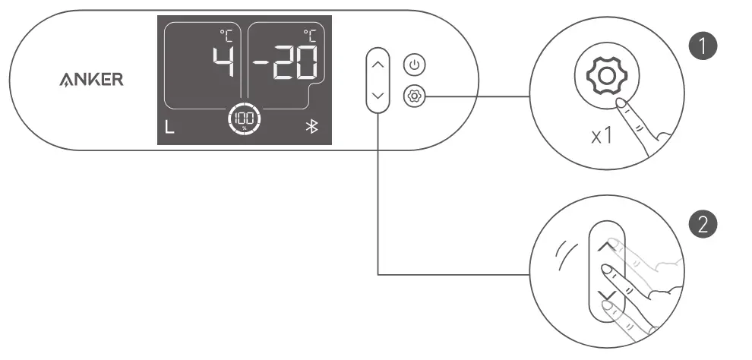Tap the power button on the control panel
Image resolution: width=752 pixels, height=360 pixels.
(413, 65)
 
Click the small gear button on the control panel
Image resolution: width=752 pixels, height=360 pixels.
(413, 96)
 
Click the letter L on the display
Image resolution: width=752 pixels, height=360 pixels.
(169, 127)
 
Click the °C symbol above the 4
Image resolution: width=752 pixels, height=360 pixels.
(226, 34)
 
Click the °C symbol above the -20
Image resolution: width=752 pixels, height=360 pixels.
(310, 34)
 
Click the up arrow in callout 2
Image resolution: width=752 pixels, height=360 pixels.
(605, 247)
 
